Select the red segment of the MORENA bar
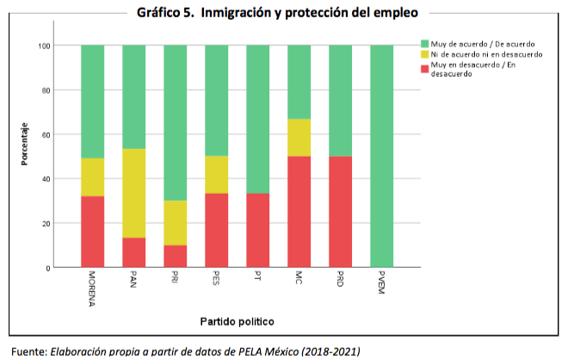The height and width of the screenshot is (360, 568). click(x=92, y=232)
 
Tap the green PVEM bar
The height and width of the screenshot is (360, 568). click(x=381, y=156)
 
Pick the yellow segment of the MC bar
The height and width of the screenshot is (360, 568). click(x=299, y=138)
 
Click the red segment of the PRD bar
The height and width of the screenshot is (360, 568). click(x=340, y=212)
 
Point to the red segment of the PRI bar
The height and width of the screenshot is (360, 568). click(x=175, y=257)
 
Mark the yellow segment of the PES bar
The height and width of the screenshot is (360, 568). click(x=216, y=175)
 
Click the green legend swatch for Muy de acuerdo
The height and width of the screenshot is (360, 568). click(x=423, y=43)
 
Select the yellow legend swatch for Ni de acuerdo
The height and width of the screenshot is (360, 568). click(x=423, y=54)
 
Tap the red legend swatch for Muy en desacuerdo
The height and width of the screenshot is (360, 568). click(x=423, y=65)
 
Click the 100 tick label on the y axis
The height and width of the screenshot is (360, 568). click(x=43, y=45)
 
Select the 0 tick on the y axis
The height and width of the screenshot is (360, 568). click(x=47, y=268)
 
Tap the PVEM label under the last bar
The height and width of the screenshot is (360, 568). click(x=381, y=285)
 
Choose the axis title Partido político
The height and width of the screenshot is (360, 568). click(x=237, y=321)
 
